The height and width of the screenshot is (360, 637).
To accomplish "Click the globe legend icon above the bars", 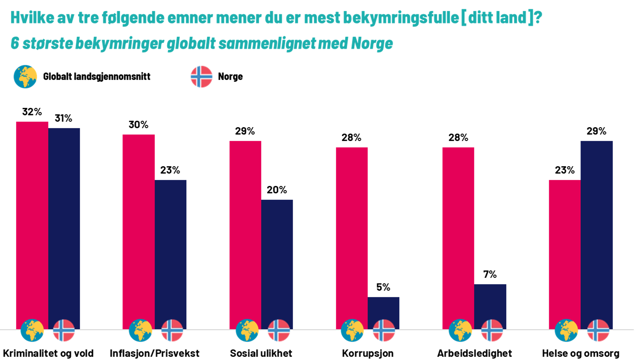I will (25, 77).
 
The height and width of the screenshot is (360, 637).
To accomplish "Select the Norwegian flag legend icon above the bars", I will (201, 77).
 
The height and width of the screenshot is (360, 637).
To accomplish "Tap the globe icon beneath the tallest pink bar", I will (32, 331).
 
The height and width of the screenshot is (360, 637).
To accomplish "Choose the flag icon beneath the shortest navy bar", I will (384, 331).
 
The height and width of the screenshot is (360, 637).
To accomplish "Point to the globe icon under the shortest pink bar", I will (566, 331).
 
